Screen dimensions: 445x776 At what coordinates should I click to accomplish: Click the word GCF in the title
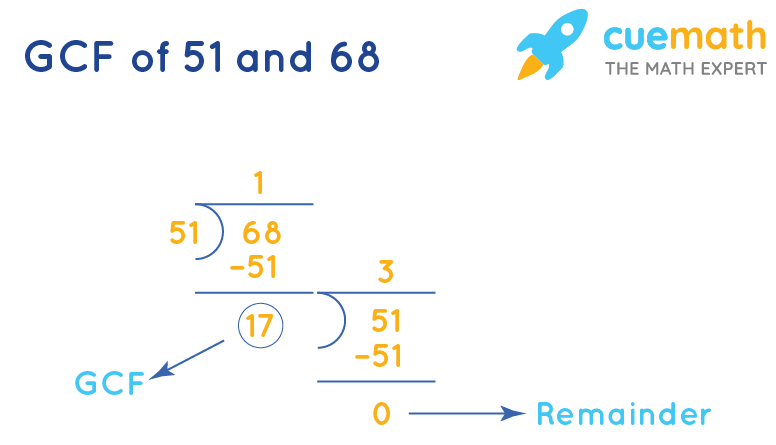click(x=68, y=57)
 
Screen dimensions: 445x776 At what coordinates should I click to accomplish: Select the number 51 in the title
click(x=207, y=57)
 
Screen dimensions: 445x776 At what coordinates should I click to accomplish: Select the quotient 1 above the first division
click(x=258, y=183)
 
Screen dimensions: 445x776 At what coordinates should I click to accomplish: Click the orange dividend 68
click(x=262, y=233)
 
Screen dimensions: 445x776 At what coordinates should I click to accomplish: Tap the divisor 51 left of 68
click(x=183, y=233)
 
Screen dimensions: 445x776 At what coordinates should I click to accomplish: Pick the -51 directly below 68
click(x=254, y=268)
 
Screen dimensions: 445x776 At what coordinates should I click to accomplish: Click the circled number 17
click(x=261, y=324)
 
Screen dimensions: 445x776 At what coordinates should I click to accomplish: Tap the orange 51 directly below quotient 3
click(x=386, y=321)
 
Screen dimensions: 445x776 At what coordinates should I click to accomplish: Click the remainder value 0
click(x=381, y=413)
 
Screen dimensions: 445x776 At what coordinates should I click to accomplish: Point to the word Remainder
click(x=624, y=414)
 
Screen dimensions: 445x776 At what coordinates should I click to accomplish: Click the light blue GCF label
click(x=110, y=383)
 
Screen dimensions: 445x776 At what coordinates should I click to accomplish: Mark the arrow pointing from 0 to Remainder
click(x=465, y=413)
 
